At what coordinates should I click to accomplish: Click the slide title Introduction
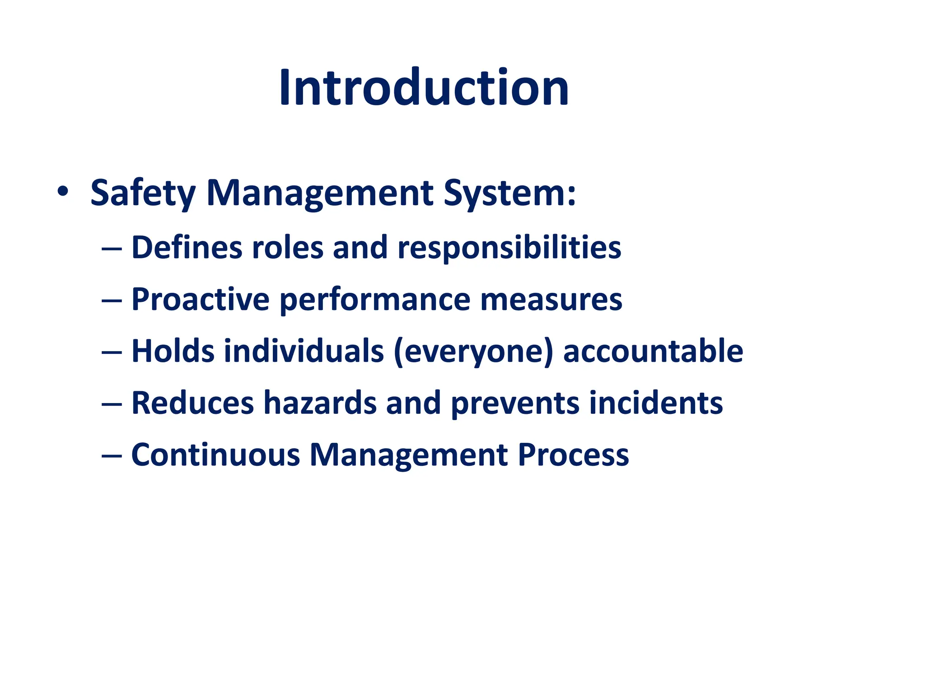(424, 88)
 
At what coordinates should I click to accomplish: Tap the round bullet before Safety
(63, 192)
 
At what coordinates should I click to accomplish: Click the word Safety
(143, 193)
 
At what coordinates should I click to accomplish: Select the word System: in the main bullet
(509, 193)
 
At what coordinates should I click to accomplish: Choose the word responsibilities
(509, 249)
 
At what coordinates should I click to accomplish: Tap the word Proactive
(200, 300)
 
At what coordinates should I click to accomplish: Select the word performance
(375, 301)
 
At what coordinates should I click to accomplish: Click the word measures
(551, 300)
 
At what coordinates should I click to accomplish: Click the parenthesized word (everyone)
(473, 352)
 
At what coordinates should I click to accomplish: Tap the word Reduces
(193, 403)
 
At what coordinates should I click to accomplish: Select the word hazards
(320, 403)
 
